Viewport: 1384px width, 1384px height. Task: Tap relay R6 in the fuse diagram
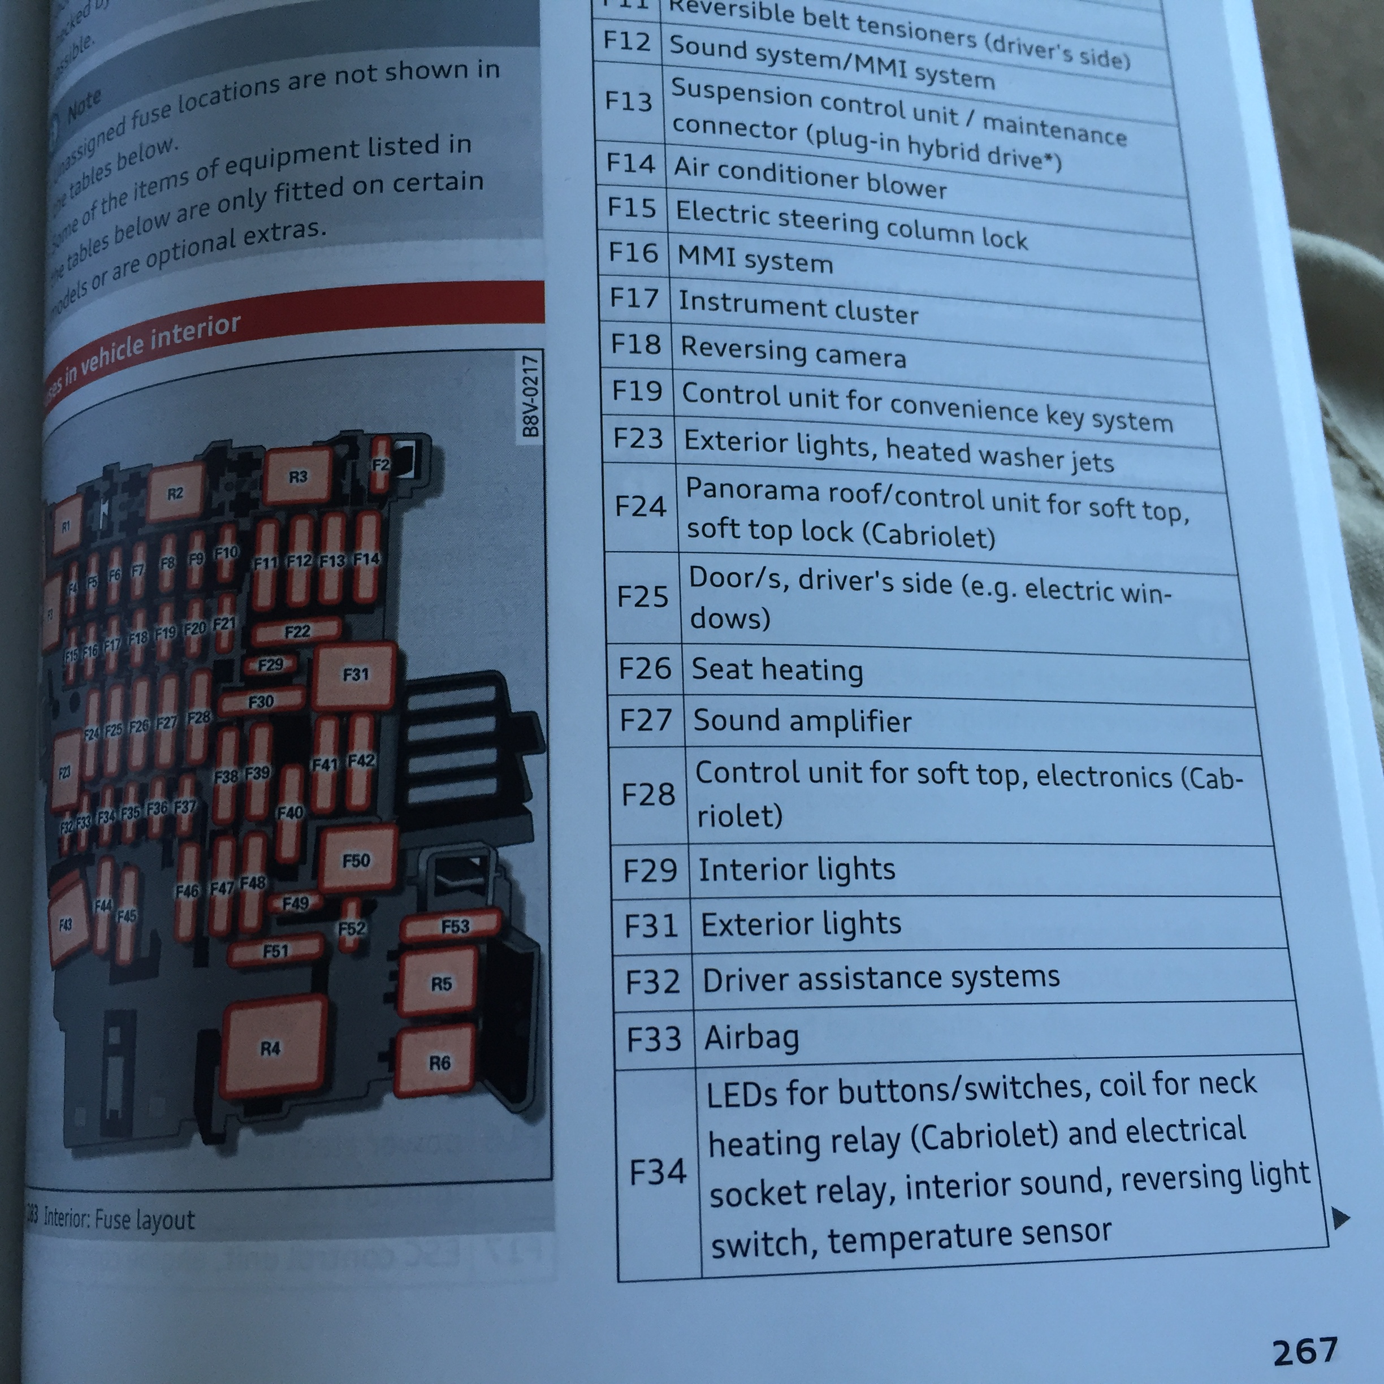pos(437,1062)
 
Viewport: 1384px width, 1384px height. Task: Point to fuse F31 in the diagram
pos(354,674)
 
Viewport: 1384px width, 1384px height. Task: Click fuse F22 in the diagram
pos(297,631)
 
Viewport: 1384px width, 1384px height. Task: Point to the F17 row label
pos(634,297)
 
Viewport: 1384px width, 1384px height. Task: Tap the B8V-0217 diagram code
pos(531,396)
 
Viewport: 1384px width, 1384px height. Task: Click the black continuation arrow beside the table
pos(1339,1217)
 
